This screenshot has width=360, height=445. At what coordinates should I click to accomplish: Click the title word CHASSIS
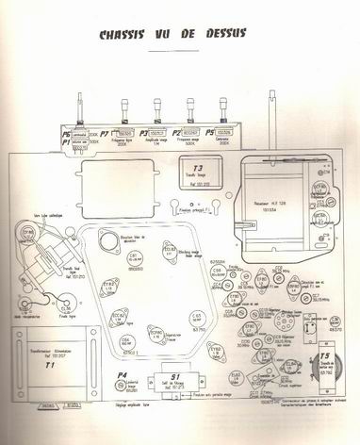(125, 35)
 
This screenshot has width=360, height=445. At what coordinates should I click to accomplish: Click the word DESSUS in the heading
(220, 35)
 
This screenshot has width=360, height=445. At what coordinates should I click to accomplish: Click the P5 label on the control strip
(210, 134)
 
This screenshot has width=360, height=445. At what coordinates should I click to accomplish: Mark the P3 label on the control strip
(143, 134)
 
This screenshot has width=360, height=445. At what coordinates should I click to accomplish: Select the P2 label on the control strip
(176, 134)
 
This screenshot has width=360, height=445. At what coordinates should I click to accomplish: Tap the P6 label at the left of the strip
(66, 133)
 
